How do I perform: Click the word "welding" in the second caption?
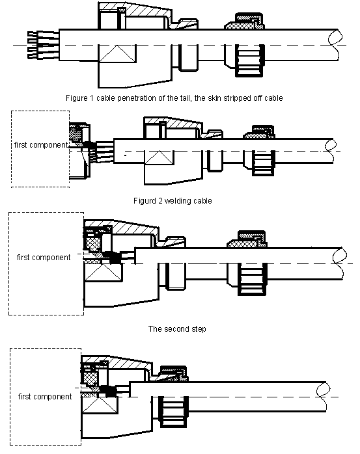tap(175, 201)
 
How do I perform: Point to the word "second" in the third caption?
tap(175, 329)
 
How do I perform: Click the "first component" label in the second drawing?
tap(41, 145)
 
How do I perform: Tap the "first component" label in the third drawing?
tap(44, 258)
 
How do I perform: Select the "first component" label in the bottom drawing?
tap(45, 396)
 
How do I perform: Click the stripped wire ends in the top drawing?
tap(44, 45)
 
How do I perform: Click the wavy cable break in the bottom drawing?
tap(323, 396)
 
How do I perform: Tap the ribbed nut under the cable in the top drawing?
tap(249, 60)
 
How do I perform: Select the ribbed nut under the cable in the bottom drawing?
tap(174, 412)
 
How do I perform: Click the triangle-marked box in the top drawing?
tap(117, 53)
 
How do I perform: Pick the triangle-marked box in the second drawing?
tap(159, 157)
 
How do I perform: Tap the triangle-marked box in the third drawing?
tap(104, 272)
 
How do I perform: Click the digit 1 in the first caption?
tap(91, 98)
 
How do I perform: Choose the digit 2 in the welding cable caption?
tap(160, 201)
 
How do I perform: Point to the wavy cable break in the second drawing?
tap(331, 151)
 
